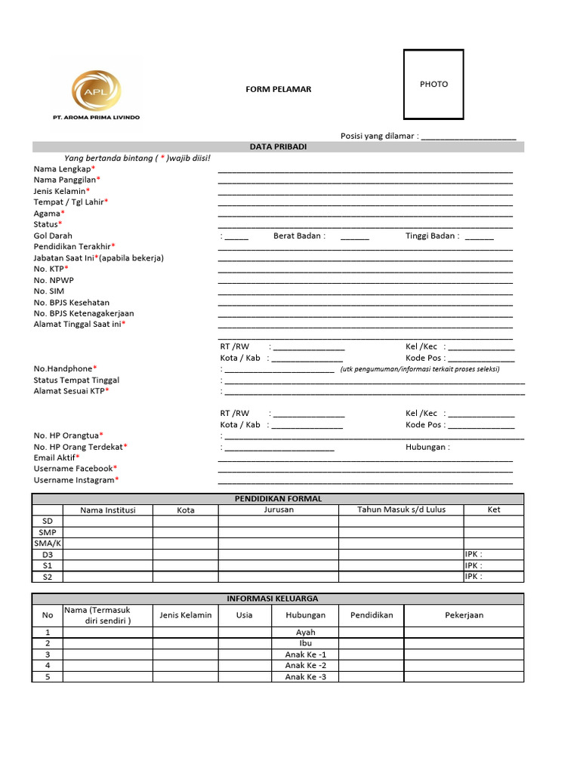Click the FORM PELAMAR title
(x=278, y=89)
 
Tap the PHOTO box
(x=433, y=85)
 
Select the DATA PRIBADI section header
(x=278, y=147)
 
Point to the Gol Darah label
(x=53, y=236)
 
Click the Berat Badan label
(x=299, y=236)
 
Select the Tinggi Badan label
(x=431, y=236)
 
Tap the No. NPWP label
(x=54, y=280)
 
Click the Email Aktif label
(x=57, y=457)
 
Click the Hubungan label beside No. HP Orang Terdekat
(x=427, y=447)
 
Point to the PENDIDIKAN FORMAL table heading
(x=278, y=499)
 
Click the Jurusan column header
(x=279, y=510)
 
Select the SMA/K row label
(x=48, y=544)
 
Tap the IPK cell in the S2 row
(x=474, y=577)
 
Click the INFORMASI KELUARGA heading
(x=278, y=599)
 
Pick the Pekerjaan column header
(x=464, y=614)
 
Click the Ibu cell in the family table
(x=305, y=643)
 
